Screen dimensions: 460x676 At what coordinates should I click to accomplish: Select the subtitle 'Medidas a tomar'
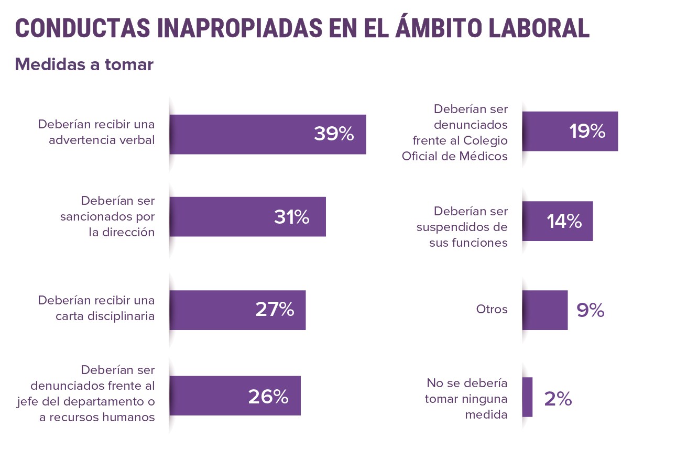[x=84, y=64]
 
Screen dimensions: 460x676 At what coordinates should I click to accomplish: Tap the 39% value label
[x=334, y=134]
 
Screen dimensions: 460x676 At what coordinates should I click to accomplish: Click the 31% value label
[x=291, y=217]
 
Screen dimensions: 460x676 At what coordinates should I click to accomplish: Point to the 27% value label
[x=275, y=310]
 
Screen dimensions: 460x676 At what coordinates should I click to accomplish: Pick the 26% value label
[x=268, y=397]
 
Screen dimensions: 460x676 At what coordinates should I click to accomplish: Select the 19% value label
[x=587, y=132]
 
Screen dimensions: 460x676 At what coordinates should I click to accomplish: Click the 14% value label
[x=564, y=222]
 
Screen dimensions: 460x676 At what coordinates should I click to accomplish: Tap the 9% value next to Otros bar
[x=591, y=311]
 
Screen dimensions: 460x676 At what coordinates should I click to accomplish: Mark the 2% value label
[x=558, y=399]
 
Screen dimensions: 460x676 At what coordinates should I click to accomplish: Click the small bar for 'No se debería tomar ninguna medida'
[x=527, y=397]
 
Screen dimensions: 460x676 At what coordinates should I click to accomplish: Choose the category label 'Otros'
[x=492, y=309]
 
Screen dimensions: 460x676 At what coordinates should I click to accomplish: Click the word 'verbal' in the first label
[x=137, y=140]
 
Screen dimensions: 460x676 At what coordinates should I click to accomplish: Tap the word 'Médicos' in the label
[x=485, y=156]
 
